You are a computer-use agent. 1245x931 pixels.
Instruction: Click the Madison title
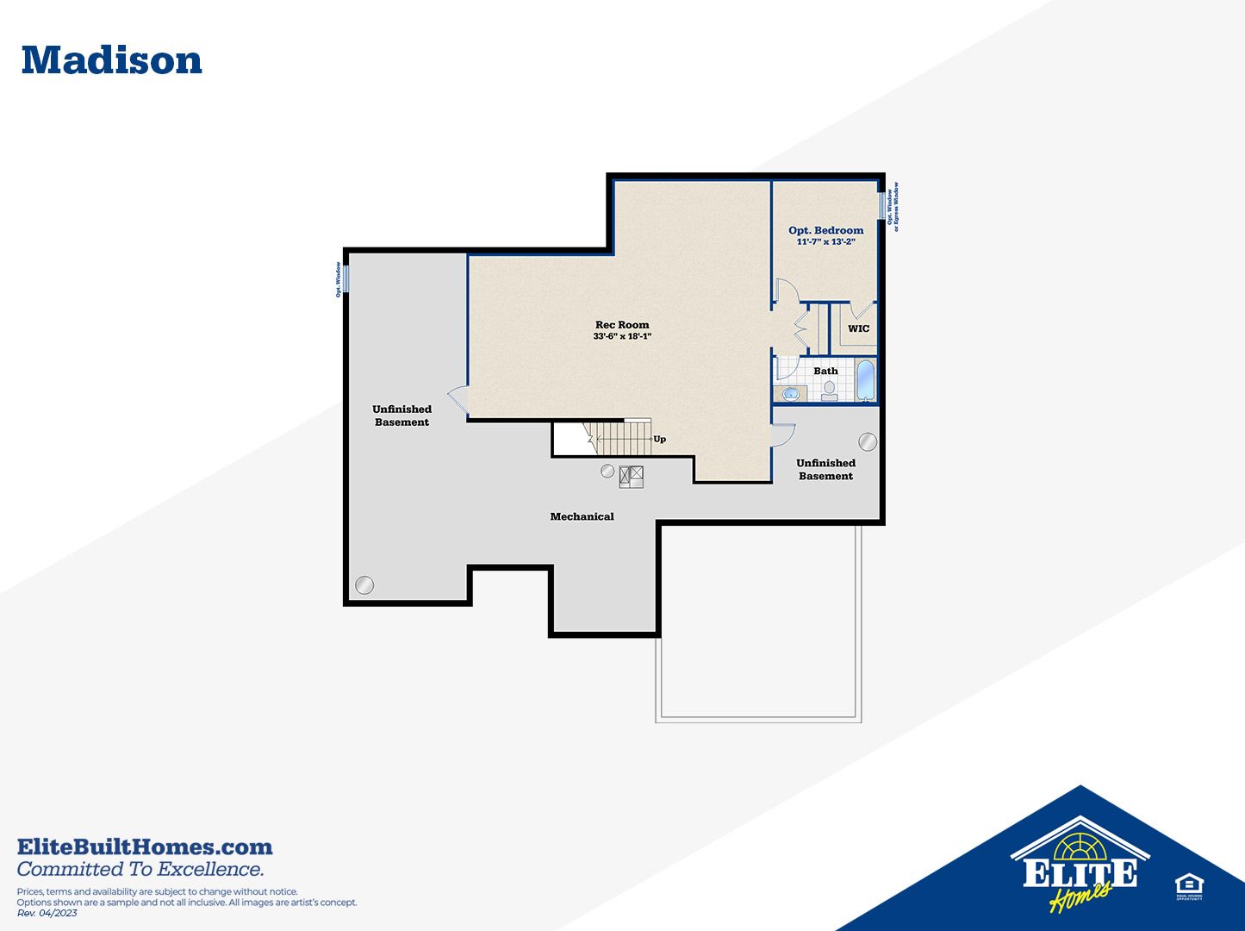click(112, 60)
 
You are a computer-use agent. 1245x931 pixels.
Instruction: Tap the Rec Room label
click(622, 325)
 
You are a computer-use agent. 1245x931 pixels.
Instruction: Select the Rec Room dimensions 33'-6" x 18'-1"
click(622, 337)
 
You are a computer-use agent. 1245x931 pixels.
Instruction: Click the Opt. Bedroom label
click(825, 230)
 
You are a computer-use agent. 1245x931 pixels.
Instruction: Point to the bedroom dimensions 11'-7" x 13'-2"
click(825, 242)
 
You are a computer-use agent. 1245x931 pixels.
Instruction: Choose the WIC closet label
click(858, 328)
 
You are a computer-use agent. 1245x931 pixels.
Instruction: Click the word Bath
click(825, 371)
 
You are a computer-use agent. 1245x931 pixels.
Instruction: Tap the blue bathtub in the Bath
click(865, 380)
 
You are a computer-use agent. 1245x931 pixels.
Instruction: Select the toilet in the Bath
click(829, 391)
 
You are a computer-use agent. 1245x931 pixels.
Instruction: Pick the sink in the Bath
click(791, 394)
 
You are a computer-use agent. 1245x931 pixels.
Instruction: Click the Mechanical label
click(582, 516)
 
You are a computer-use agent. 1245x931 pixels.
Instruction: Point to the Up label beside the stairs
click(659, 439)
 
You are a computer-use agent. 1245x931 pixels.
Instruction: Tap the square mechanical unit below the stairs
click(632, 476)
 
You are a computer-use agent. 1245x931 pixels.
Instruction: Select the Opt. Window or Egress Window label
click(893, 207)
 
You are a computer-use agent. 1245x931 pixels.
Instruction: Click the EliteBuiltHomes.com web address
click(145, 847)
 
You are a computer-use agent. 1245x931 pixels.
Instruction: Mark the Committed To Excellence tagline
click(140, 869)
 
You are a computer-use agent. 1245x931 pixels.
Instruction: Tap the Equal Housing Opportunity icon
click(1189, 886)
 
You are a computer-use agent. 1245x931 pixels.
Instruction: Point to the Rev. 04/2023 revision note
click(47, 913)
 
